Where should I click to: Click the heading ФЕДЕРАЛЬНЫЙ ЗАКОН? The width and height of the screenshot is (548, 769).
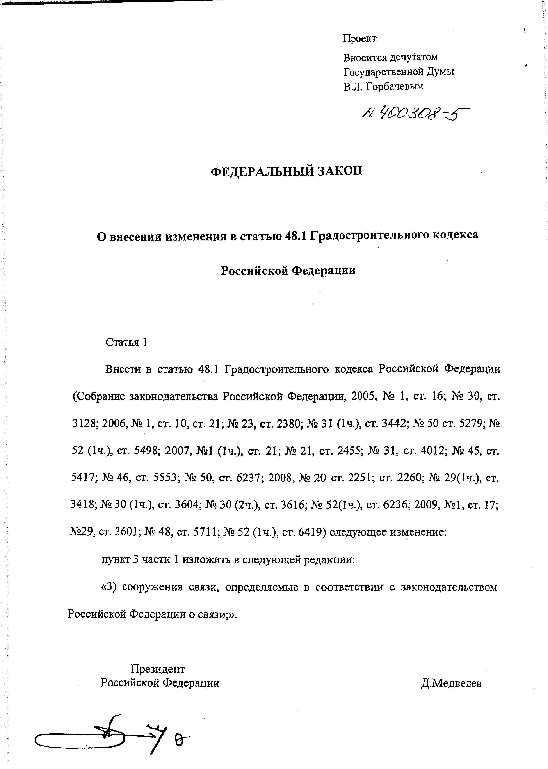(286, 171)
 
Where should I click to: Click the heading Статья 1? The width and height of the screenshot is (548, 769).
(126, 342)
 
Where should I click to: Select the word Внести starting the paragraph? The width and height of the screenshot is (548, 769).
(123, 369)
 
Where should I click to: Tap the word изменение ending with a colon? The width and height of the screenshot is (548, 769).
(418, 532)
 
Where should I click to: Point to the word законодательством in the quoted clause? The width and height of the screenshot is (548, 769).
(449, 587)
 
